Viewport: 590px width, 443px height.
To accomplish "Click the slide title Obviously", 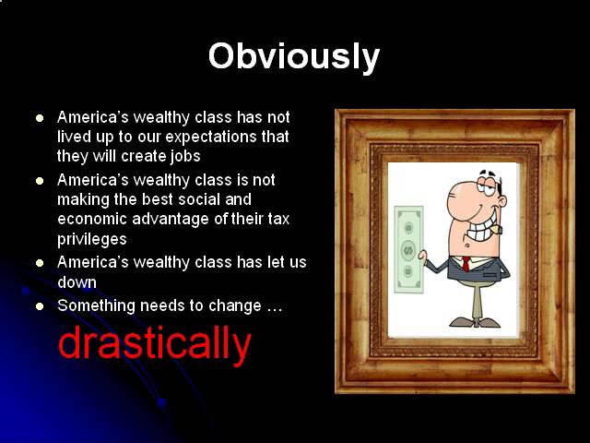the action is [294, 57].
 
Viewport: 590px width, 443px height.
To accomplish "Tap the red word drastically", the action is [155, 343].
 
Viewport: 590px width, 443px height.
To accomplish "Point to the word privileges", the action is [92, 240].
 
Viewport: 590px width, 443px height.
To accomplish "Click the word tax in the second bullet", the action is [278, 219].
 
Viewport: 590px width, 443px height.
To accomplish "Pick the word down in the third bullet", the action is [77, 282].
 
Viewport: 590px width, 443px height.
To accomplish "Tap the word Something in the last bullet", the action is [96, 305].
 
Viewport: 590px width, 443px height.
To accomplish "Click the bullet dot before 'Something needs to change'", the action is [40, 306].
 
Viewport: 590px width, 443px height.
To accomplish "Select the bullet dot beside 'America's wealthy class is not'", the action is [40, 181].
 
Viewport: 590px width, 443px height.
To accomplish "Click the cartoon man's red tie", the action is [466, 264].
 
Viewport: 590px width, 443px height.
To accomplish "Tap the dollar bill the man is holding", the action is [408, 249].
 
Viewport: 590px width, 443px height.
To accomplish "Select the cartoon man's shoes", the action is [475, 322].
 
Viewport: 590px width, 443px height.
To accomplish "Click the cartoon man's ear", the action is [501, 201].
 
